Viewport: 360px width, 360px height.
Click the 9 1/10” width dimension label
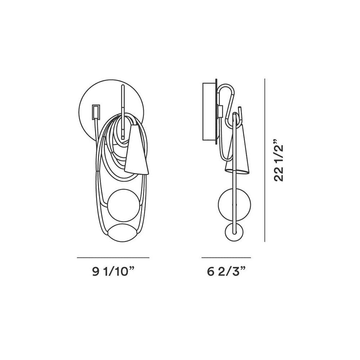[x=113, y=272]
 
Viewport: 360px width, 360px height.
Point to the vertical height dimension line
[x=265, y=160]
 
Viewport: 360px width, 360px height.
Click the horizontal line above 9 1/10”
[x=113, y=258]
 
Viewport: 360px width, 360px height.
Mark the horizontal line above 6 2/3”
[x=226, y=258]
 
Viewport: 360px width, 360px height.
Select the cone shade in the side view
[x=237, y=151]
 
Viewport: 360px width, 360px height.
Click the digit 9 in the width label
[x=95, y=272]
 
